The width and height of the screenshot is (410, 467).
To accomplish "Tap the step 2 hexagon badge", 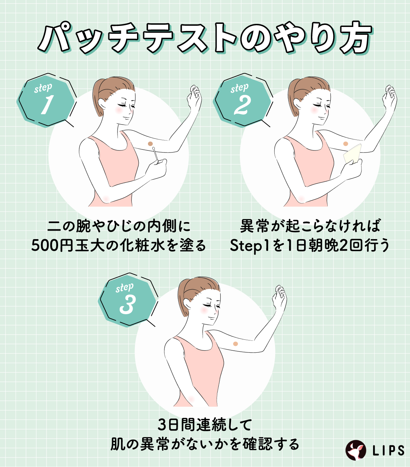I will coord(242,101).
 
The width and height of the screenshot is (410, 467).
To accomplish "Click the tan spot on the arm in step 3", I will coord(235,344).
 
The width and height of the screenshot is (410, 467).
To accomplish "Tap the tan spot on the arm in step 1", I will coord(150,144).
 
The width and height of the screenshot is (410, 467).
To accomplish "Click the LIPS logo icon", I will coord(355,450).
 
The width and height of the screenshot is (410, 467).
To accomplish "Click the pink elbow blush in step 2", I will coord(301,199).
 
